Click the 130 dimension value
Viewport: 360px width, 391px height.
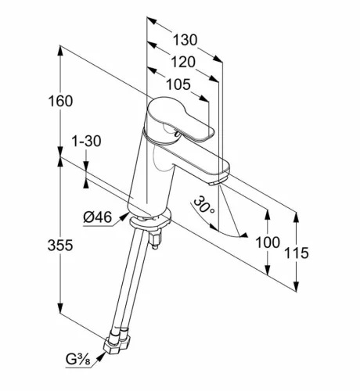[x=185, y=40]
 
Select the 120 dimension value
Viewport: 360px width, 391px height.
[x=183, y=63]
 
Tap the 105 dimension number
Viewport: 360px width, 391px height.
[x=178, y=84]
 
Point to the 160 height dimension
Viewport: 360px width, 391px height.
[x=60, y=101]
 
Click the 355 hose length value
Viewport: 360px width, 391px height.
[x=60, y=246]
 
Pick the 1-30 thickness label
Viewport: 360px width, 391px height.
[x=86, y=142]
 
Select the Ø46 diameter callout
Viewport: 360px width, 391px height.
[x=98, y=217]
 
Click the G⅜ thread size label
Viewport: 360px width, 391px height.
[x=78, y=360]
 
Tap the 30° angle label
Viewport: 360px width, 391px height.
[x=203, y=205]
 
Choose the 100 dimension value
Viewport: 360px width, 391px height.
[x=268, y=242]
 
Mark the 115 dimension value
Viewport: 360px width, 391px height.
[x=296, y=253]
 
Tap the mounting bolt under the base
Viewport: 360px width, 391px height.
[x=155, y=240]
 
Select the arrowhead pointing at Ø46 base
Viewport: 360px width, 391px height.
[x=124, y=217]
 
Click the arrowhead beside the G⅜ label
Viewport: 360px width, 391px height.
[x=101, y=356]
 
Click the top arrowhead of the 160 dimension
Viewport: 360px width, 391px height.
[x=60, y=51]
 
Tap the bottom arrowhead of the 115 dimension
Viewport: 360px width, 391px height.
[x=296, y=286]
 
